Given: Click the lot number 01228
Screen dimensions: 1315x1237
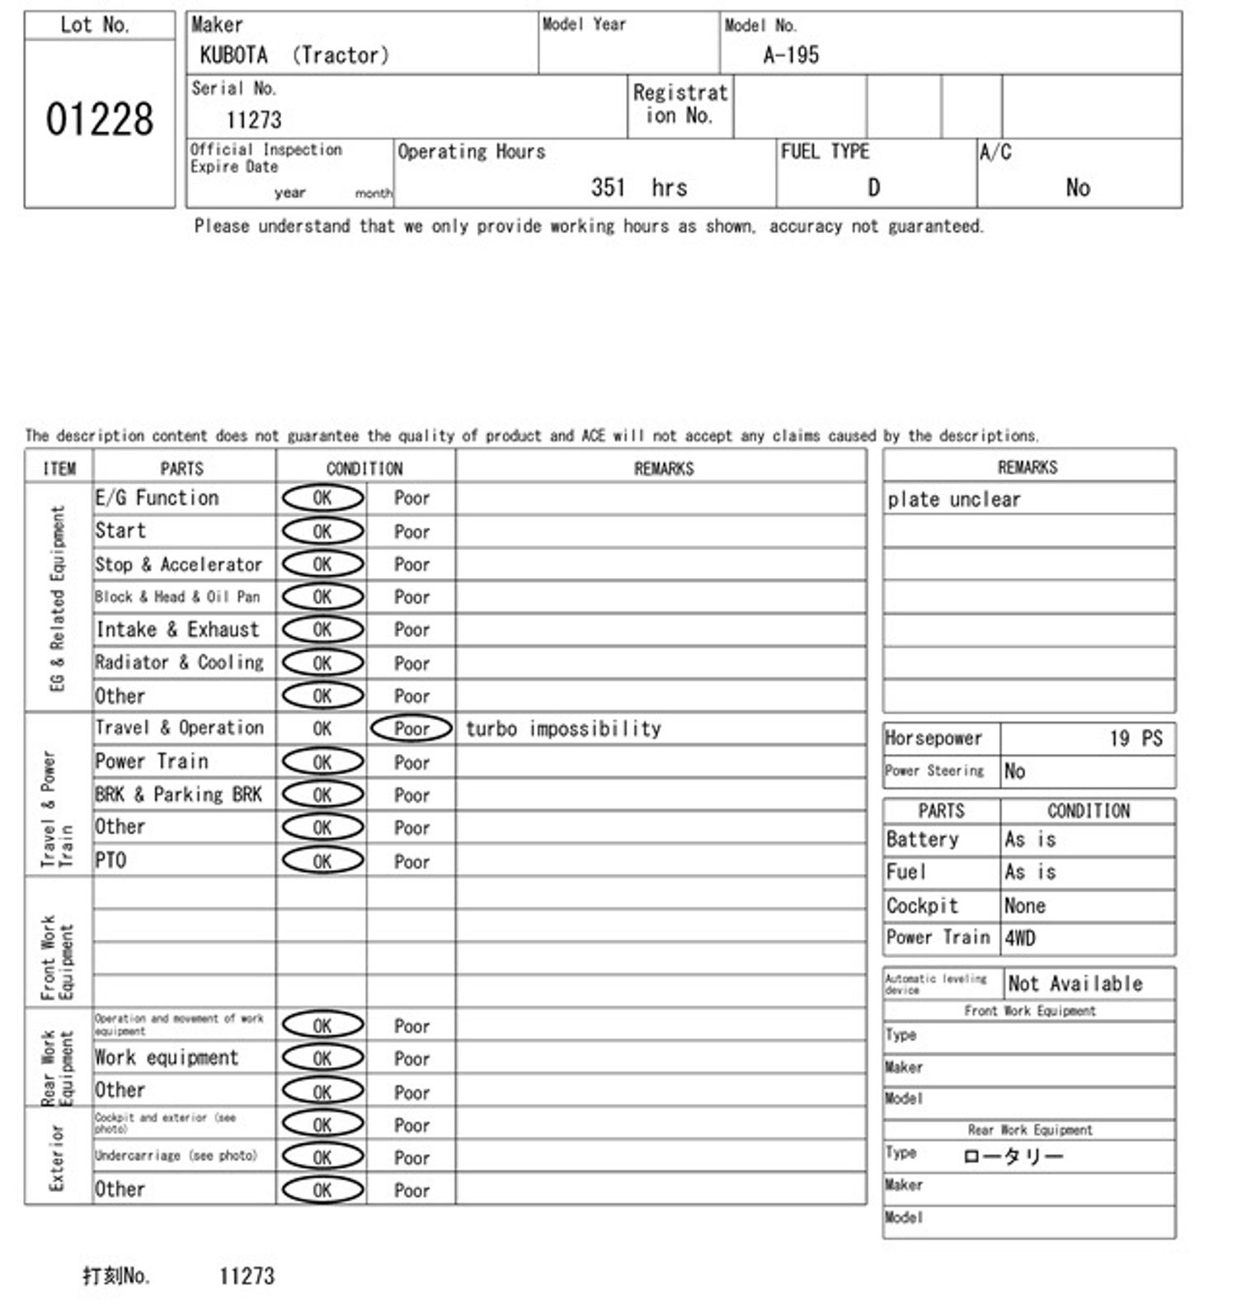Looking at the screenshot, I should point(100,120).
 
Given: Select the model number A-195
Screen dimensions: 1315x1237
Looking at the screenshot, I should point(791,55).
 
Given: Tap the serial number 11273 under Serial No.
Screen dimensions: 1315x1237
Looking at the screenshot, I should point(254,120).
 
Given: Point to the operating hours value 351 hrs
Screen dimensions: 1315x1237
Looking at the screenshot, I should point(638,188).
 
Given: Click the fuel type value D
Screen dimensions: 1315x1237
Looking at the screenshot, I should point(873,188).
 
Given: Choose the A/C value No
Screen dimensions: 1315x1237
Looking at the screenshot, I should point(1078,188).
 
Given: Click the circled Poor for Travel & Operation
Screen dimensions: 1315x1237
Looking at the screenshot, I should point(412,728).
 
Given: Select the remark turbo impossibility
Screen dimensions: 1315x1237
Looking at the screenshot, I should point(563,728).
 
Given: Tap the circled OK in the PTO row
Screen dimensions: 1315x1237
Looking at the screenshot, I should point(322,860).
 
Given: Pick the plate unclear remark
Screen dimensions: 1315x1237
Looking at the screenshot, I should point(954,499).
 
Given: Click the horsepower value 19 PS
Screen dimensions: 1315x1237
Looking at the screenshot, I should point(1136,738).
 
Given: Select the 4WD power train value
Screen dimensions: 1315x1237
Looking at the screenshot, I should point(1020,938).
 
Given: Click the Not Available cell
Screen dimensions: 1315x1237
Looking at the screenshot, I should point(1075,983).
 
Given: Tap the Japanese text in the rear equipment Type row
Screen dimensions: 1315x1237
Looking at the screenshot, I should point(1013,1156).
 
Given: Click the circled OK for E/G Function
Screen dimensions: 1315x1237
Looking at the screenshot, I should point(322,497).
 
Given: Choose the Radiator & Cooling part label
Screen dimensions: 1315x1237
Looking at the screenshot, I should point(179,662).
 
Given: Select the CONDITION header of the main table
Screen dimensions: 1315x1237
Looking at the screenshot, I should point(365,469).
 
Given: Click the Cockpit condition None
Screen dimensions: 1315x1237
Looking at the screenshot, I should point(1025,906).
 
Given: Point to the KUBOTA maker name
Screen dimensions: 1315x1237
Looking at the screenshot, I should point(233,55).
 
